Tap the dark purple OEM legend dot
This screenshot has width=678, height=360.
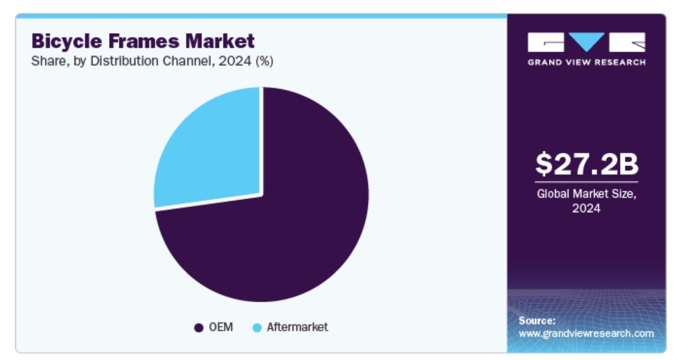[x=199, y=328]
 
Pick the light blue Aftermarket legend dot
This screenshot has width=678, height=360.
[x=257, y=328]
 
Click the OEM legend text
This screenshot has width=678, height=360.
[x=221, y=327]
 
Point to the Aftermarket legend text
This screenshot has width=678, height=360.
[x=297, y=327]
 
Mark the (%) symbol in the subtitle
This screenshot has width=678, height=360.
[x=264, y=62]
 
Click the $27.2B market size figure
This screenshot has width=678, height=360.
[x=587, y=164]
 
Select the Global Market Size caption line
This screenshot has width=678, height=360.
[x=587, y=194]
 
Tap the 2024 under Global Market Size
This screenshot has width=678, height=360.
[x=587, y=208]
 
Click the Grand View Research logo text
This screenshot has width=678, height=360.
[x=587, y=62]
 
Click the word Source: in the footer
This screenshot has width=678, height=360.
[x=537, y=320]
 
